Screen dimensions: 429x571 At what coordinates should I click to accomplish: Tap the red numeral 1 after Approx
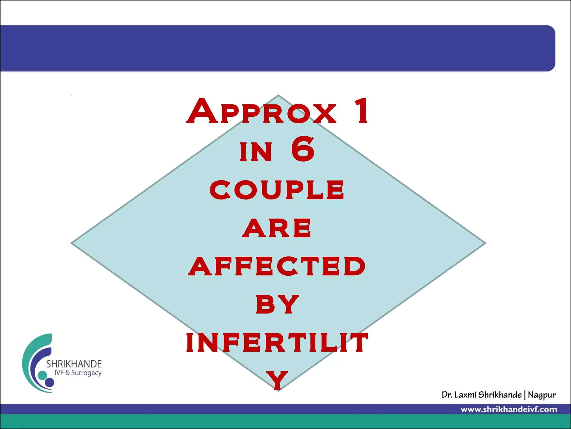[x=362, y=111]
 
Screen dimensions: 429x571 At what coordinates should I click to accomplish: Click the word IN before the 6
[x=256, y=152]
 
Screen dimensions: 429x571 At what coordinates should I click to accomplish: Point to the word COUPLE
[x=277, y=190]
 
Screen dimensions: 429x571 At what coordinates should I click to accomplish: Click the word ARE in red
[x=277, y=228]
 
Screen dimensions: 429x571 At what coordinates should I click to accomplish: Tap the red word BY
[x=277, y=304]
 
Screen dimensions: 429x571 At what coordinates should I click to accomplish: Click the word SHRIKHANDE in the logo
[x=74, y=364]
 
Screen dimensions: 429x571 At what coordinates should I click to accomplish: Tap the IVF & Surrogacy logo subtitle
[x=78, y=373]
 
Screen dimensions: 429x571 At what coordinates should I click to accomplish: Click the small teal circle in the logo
[x=42, y=375]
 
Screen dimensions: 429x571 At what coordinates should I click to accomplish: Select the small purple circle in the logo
[x=50, y=382]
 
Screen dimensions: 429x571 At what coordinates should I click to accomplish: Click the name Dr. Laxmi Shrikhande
[x=482, y=395]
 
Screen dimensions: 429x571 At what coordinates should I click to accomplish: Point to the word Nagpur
[x=541, y=395]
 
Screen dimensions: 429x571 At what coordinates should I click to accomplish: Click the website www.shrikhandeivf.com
[x=509, y=409]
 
